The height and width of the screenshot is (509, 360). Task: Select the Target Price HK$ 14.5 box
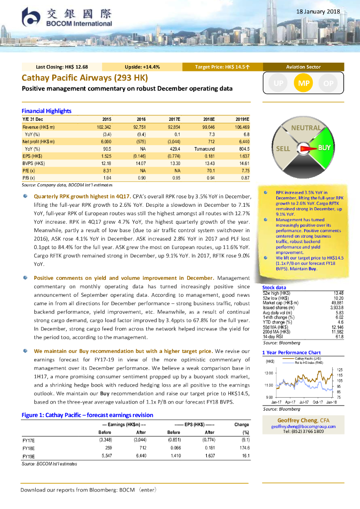(222, 67)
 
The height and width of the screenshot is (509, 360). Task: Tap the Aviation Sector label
(303, 67)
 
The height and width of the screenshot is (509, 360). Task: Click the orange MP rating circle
(303, 84)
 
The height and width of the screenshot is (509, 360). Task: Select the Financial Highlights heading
(47, 111)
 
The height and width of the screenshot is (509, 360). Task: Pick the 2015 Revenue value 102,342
(103, 127)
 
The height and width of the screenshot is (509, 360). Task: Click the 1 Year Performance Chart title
(291, 353)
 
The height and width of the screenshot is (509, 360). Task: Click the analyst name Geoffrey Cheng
(297, 420)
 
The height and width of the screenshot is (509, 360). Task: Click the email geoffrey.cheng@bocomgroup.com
(303, 426)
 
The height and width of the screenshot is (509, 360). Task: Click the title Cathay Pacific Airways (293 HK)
(85, 78)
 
